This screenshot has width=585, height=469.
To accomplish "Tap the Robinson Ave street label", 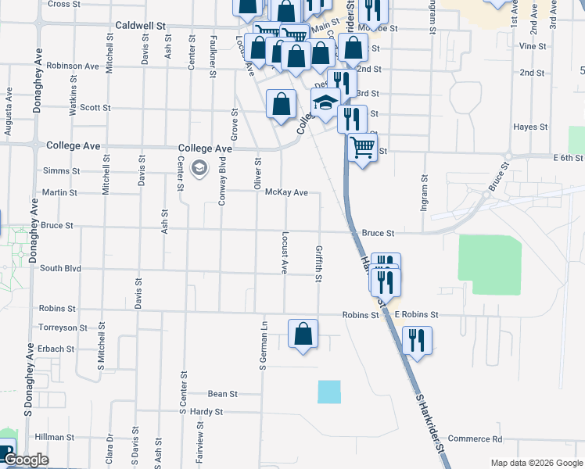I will (x=73, y=66).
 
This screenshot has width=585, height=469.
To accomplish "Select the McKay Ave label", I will (x=286, y=192).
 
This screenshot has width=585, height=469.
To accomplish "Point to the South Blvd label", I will (x=60, y=268).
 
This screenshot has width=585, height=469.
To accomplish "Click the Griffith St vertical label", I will (x=319, y=264).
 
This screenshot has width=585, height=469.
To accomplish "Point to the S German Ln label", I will (x=264, y=344).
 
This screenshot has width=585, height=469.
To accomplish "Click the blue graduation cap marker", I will (x=325, y=103).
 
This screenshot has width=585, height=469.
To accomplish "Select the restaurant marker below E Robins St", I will (x=416, y=340).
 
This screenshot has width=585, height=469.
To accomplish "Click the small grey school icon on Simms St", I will (x=199, y=167).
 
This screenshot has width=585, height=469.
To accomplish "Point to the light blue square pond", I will (x=329, y=392).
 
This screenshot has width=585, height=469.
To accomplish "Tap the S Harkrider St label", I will (x=429, y=423).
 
